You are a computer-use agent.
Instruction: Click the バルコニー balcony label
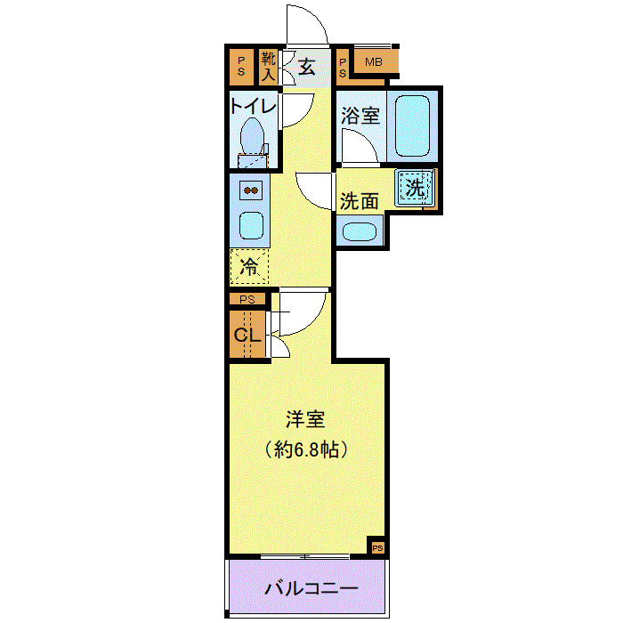click(311, 588)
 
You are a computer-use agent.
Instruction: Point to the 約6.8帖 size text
click(305, 449)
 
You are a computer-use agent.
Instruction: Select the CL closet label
click(247, 336)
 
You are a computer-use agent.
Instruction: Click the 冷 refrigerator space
click(250, 265)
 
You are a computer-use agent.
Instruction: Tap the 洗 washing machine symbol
click(416, 188)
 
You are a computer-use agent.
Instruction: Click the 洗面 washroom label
click(360, 200)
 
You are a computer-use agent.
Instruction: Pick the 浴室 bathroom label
click(360, 116)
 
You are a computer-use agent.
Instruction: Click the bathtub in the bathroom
click(411, 125)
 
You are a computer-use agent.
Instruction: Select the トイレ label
click(255, 106)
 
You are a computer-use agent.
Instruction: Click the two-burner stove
click(251, 190)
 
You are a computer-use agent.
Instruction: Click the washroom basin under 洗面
click(360, 231)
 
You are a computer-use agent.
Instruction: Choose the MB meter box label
click(374, 62)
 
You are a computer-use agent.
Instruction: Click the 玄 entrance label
click(306, 67)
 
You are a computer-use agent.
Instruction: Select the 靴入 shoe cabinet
click(268, 67)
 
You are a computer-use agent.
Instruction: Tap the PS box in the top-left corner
click(240, 66)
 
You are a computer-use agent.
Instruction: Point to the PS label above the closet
click(247, 300)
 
